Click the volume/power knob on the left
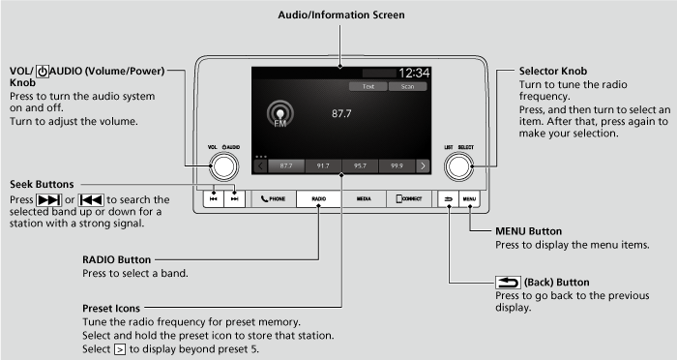(221, 166)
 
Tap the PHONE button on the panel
(274, 198)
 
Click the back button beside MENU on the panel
(449, 198)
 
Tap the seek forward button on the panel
(233, 198)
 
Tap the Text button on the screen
(368, 86)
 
